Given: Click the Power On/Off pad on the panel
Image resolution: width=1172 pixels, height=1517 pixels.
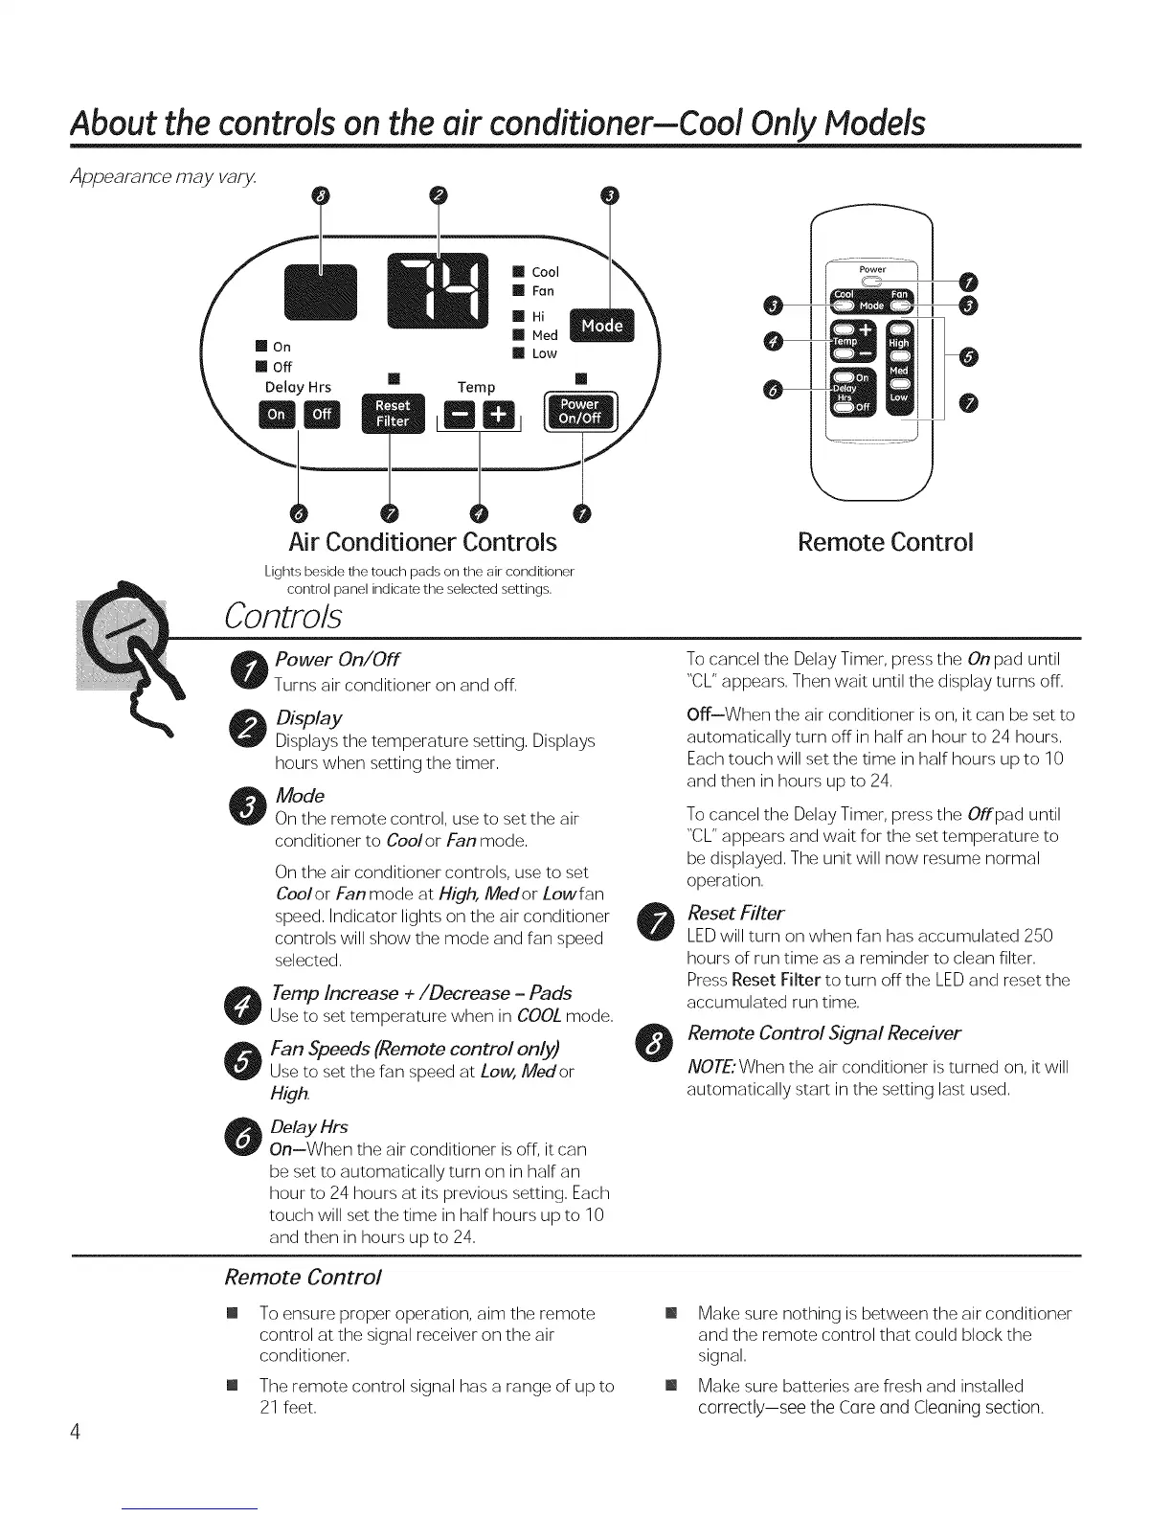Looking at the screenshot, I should (x=580, y=412).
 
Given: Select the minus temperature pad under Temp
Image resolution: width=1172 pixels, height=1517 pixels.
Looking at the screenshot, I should (x=462, y=416).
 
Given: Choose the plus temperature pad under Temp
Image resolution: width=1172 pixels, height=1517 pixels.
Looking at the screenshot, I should (x=498, y=416).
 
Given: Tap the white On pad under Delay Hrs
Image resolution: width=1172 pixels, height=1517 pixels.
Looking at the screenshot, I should (x=277, y=415).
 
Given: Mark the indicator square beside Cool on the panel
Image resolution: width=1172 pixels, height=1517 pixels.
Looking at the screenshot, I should (x=518, y=272).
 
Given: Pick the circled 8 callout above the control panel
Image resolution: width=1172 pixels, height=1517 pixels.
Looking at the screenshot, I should (x=322, y=196).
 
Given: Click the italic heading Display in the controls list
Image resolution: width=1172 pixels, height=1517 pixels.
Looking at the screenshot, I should (x=308, y=718).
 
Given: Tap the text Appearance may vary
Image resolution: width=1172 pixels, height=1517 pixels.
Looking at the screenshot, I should (x=154, y=178).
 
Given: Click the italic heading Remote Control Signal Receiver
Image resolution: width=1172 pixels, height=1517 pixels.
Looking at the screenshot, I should (x=824, y=1033).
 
